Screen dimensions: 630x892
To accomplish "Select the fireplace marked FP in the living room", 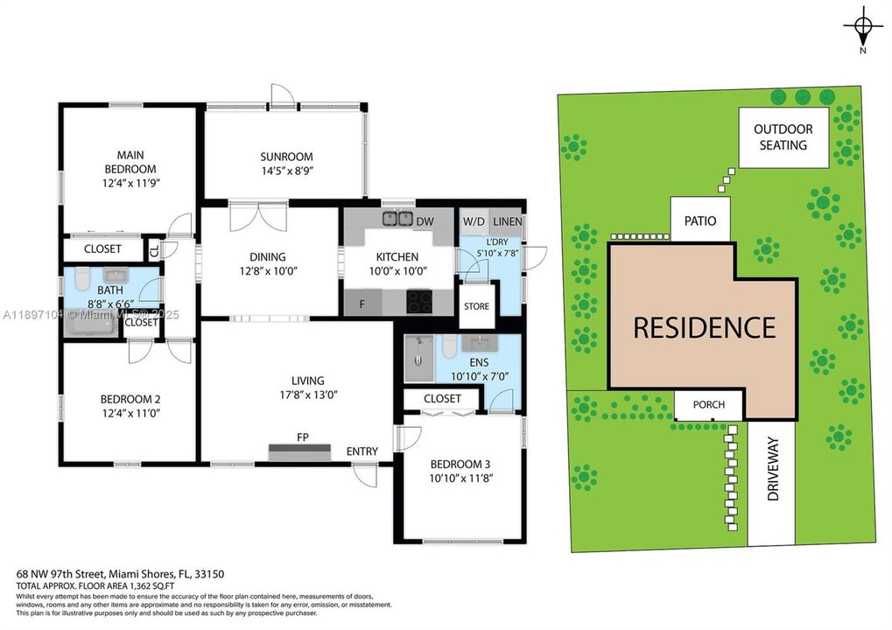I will [299, 451].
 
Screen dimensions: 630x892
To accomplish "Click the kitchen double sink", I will [397, 219].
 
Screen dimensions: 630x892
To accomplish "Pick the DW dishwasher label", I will [425, 221].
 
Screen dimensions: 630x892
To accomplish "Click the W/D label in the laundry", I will [474, 221].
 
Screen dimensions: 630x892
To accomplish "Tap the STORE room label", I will [477, 306].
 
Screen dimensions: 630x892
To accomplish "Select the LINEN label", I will [507, 221].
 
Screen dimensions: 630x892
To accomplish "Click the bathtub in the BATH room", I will [92, 326].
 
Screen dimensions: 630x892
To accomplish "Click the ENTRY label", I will [362, 451].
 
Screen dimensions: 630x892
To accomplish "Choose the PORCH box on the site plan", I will [710, 405].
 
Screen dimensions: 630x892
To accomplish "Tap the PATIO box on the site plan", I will [700, 220].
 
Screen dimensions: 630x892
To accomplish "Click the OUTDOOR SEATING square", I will [783, 137].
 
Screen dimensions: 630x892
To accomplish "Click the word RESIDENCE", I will [704, 327].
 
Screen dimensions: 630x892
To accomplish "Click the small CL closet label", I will [155, 251].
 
